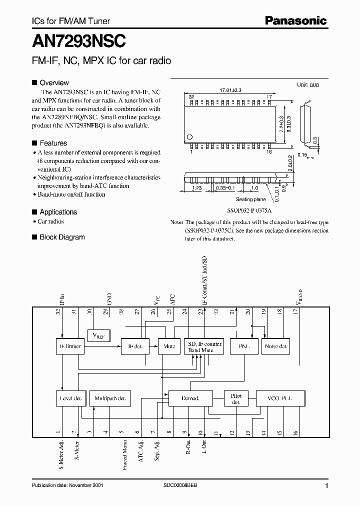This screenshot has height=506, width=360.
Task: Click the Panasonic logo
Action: (295, 21)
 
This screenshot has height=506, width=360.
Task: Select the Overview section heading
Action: (54, 82)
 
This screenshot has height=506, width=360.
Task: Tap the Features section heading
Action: (53, 142)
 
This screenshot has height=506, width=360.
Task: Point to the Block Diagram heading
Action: (62, 237)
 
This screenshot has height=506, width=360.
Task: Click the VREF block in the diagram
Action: (98, 335)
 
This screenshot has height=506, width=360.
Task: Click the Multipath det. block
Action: (108, 398)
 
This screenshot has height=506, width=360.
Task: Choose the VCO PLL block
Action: (280, 398)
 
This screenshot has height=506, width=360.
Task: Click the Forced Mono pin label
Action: (124, 454)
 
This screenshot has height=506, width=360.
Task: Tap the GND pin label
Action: (109, 299)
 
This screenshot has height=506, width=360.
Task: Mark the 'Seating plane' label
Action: (250, 199)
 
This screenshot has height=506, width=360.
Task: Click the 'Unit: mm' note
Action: (308, 84)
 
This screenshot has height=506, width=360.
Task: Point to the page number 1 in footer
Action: (326, 486)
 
